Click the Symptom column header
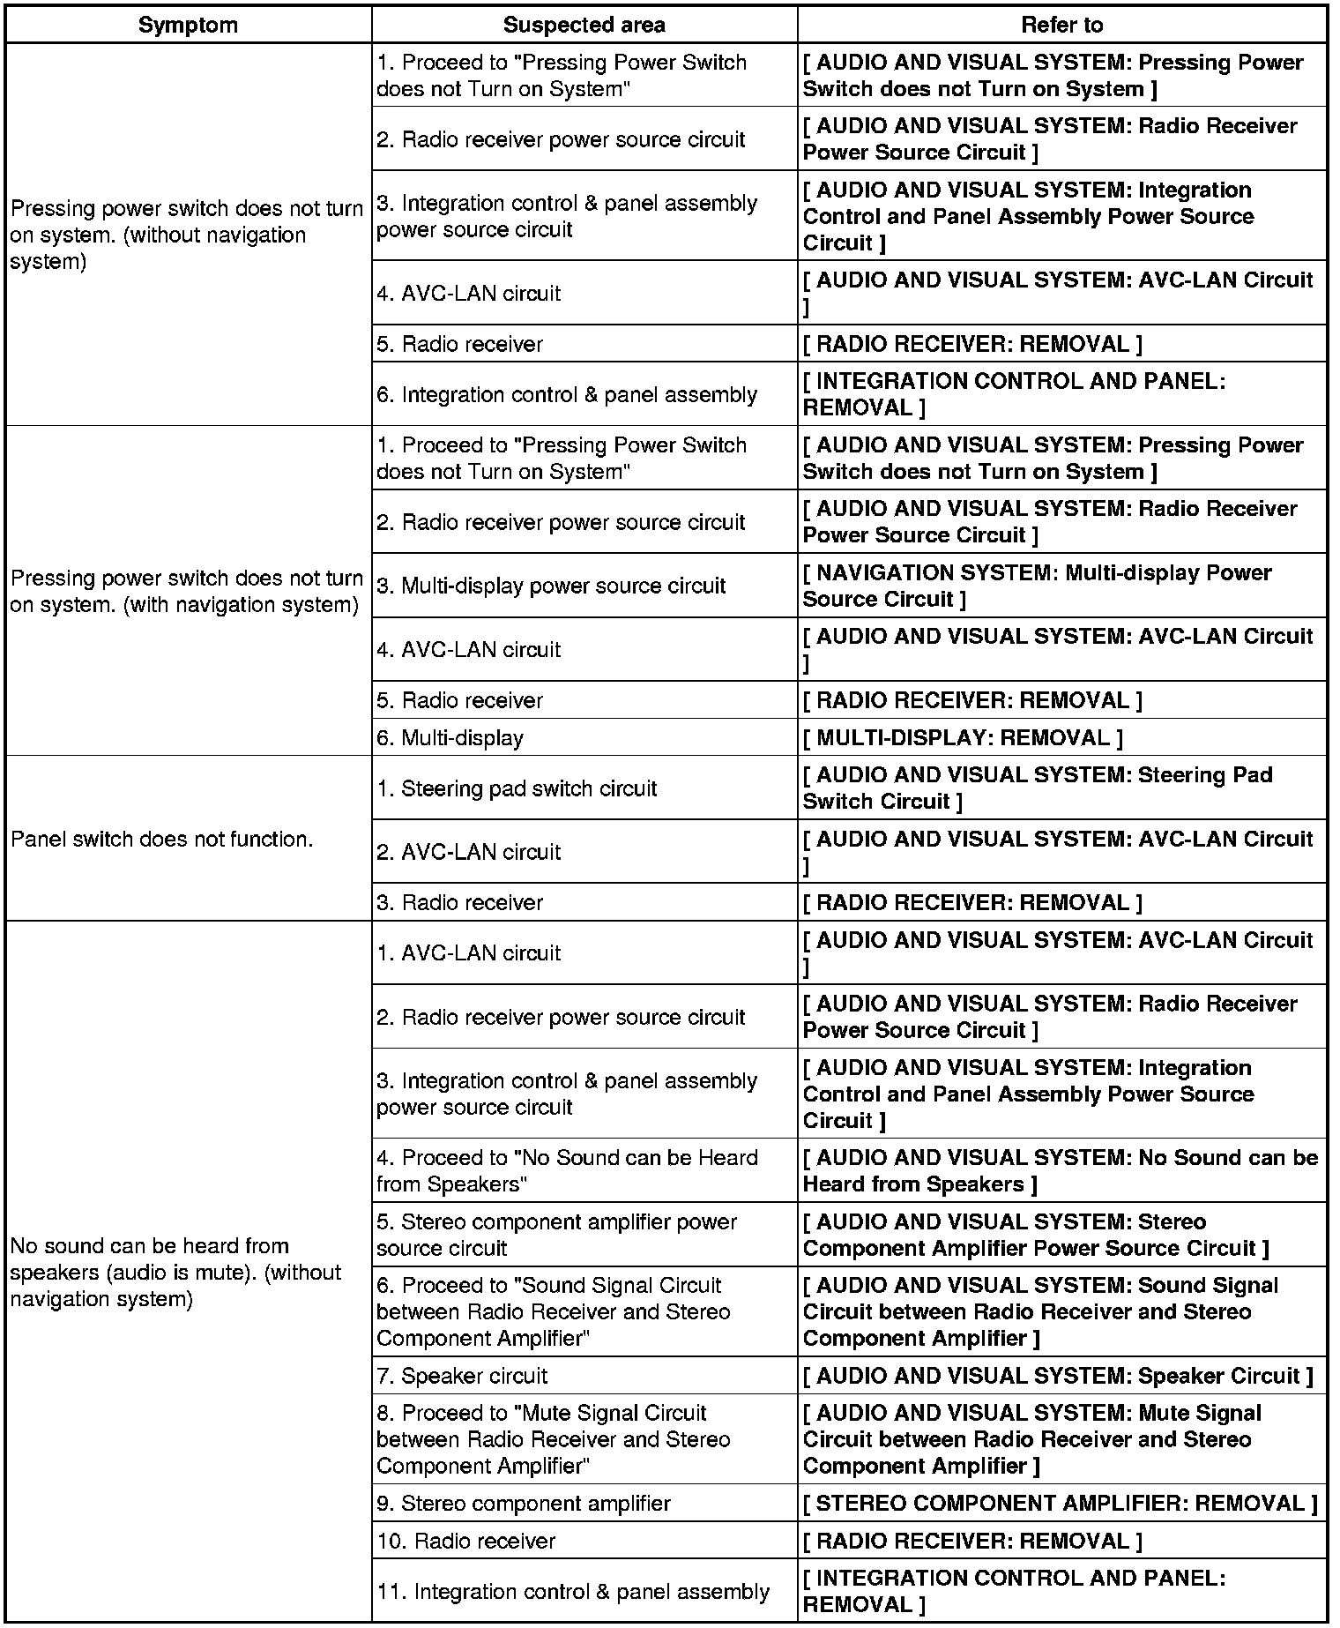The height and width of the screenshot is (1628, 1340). pos(188,25)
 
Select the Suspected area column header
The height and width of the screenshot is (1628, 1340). pos(584,25)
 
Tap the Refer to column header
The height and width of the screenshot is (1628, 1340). pos(1061,25)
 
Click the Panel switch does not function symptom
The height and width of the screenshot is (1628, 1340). pos(162,839)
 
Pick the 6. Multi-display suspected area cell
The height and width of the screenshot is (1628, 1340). pos(450,737)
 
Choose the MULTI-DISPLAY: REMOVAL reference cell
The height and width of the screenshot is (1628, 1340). pos(963,737)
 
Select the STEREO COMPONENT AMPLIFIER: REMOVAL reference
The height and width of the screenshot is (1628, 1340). pos(1060,1504)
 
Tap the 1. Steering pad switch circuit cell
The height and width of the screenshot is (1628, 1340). pos(517,788)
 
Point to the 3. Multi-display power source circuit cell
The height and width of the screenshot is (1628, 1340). pos(551,586)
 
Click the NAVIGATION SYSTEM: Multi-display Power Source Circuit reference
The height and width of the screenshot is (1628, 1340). pos(1037,586)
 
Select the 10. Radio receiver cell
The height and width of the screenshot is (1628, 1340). pos(466,1541)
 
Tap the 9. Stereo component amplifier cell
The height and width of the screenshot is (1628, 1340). pos(524,1504)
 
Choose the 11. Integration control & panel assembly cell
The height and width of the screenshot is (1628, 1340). pos(573,1591)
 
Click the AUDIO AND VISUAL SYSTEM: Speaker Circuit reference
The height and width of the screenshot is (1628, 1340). pos(1058,1376)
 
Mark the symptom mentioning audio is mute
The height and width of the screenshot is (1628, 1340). pos(176,1272)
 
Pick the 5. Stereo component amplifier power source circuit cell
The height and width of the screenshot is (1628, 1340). pos(556,1235)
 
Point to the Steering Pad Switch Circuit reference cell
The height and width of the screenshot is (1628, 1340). pos(1037,788)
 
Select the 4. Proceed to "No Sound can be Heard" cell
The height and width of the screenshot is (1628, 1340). pos(567,1170)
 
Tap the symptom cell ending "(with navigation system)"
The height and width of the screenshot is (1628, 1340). pos(186,591)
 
